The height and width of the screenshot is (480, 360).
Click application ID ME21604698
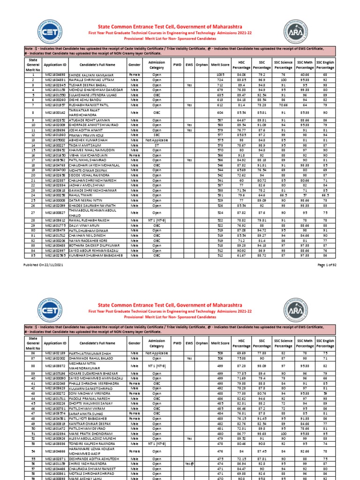click(x=55, y=75)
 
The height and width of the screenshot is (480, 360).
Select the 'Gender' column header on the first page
click(x=135, y=63)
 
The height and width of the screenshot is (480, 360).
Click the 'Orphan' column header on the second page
click(x=202, y=343)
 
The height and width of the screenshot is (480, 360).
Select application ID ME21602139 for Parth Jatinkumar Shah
click(x=55, y=352)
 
